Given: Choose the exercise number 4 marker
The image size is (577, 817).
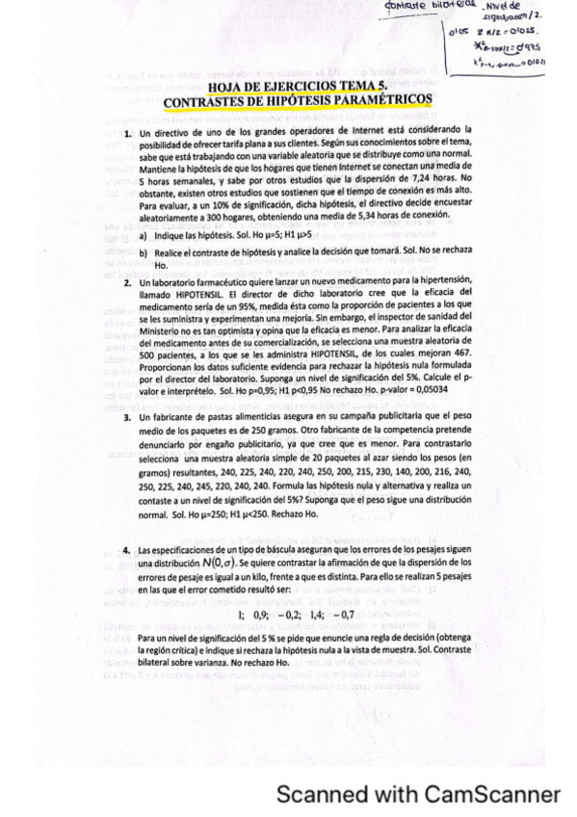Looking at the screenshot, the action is point(127,549).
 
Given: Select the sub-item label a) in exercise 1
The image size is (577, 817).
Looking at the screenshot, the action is point(144,234).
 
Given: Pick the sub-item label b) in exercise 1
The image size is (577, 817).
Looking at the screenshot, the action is point(144,251).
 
